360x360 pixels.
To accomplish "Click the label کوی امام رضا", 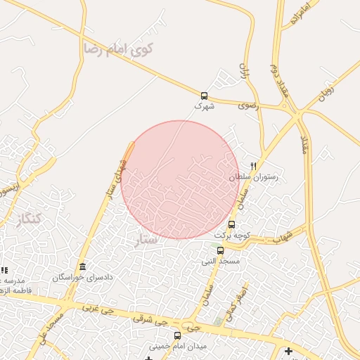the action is pos(118,49).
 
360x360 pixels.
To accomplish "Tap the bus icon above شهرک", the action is pos(204,96).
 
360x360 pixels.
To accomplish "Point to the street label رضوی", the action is pos(247,105).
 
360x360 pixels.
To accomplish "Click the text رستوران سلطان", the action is pos(253,177).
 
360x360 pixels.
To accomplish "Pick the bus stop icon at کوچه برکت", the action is pos(232,224).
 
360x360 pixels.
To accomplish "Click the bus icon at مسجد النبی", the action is pos(220,250).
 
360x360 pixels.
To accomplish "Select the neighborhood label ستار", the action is pos(146,241).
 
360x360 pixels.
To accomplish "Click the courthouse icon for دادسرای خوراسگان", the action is pos(83,266).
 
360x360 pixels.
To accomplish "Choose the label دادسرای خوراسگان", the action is pos(83,278).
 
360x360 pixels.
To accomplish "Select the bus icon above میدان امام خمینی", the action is pos(177,335).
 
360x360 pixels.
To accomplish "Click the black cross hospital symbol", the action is pos(288,350).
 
